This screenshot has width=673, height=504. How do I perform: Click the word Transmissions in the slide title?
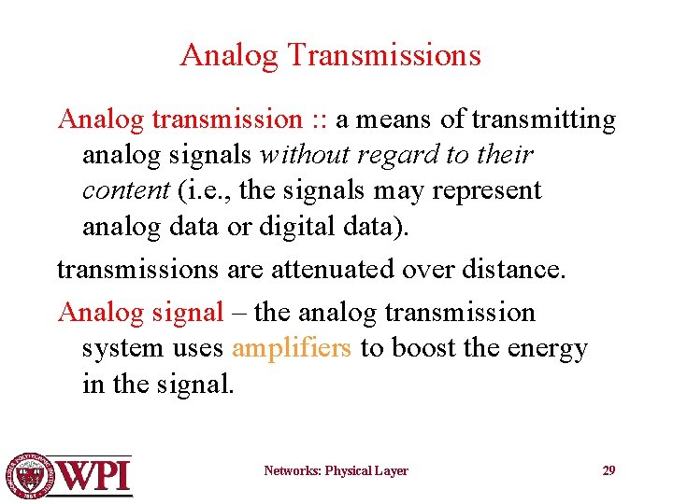(384, 56)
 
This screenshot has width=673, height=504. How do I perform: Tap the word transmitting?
(544, 120)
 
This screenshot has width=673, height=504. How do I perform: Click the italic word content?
(125, 190)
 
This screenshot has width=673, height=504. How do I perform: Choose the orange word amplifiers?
(292, 348)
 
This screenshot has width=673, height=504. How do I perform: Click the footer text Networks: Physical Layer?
(336, 471)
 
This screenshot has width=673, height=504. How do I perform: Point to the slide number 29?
(609, 470)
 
